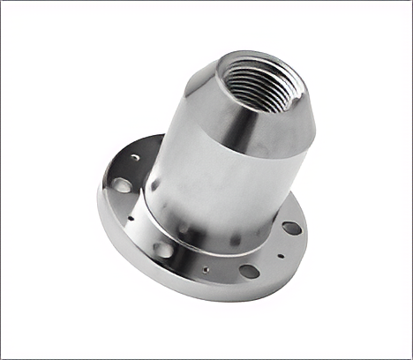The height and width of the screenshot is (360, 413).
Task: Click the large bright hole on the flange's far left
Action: pyautogui.click(x=122, y=185)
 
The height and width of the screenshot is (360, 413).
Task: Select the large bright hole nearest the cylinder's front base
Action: pyautogui.click(x=163, y=250)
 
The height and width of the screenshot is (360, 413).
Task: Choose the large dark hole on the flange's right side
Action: pyautogui.click(x=291, y=228)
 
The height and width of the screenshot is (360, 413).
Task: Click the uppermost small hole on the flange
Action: pyautogui.click(x=134, y=157)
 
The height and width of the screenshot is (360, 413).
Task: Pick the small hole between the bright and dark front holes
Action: pyautogui.click(x=206, y=269)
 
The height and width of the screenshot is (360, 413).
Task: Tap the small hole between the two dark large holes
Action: pyautogui.click(x=281, y=256)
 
